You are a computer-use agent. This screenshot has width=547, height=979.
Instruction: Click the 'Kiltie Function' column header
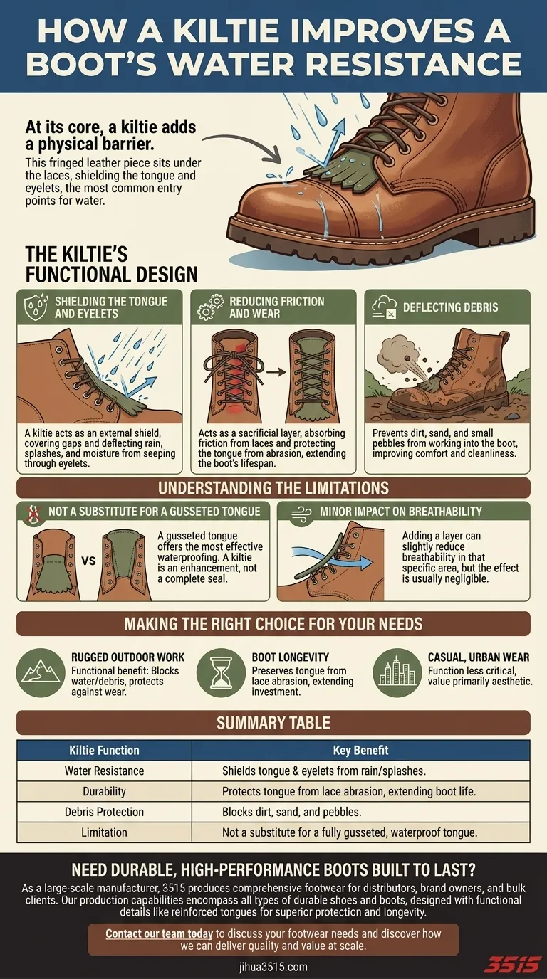(x=104, y=751)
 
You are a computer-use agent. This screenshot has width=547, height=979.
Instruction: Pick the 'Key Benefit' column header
(x=360, y=751)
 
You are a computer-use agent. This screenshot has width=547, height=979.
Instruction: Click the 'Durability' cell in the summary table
(x=104, y=791)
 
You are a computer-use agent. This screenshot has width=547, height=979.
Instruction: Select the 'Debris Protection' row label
(x=104, y=812)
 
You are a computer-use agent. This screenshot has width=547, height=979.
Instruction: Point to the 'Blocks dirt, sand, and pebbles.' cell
(x=292, y=812)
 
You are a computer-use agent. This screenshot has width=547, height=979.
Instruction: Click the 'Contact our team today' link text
(x=159, y=934)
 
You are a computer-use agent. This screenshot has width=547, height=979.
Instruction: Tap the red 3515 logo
(x=515, y=963)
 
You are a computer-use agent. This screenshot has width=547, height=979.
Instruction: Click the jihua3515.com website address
(x=273, y=966)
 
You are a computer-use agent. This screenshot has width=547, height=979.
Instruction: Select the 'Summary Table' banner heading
(x=273, y=723)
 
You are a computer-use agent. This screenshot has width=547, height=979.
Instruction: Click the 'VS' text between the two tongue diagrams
(x=88, y=561)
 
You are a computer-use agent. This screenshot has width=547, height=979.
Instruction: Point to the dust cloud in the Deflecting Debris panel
(x=395, y=355)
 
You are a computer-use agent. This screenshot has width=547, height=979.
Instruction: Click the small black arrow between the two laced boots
(x=276, y=372)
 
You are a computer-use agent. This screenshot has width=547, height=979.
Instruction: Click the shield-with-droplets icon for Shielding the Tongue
(x=35, y=307)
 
